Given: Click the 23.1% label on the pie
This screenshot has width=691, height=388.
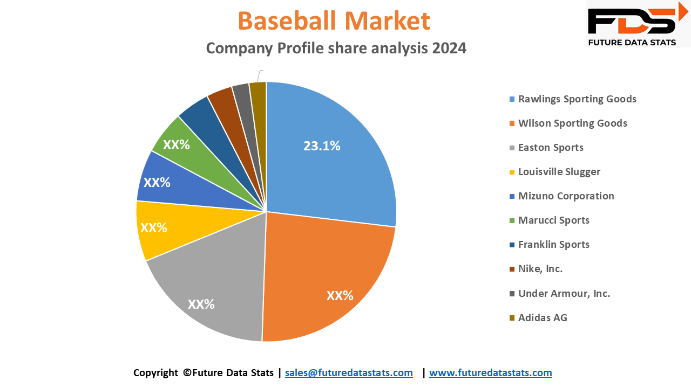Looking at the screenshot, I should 322,146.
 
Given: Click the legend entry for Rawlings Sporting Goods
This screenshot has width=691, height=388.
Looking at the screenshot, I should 577,99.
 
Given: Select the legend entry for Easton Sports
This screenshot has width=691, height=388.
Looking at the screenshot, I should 551,148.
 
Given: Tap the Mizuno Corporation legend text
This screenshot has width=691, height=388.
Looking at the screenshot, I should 566,196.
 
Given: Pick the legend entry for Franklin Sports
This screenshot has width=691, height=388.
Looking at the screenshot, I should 553,245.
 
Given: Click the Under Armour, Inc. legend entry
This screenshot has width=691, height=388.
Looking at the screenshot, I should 564,294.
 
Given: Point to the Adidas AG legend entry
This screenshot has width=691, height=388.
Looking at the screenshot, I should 543,318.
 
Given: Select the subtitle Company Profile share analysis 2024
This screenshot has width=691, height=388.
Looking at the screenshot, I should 336,48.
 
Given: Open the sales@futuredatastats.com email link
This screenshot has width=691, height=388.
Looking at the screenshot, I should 349,373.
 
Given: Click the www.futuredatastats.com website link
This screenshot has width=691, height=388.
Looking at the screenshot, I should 490,373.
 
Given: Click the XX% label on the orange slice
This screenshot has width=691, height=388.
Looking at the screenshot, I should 340,296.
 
